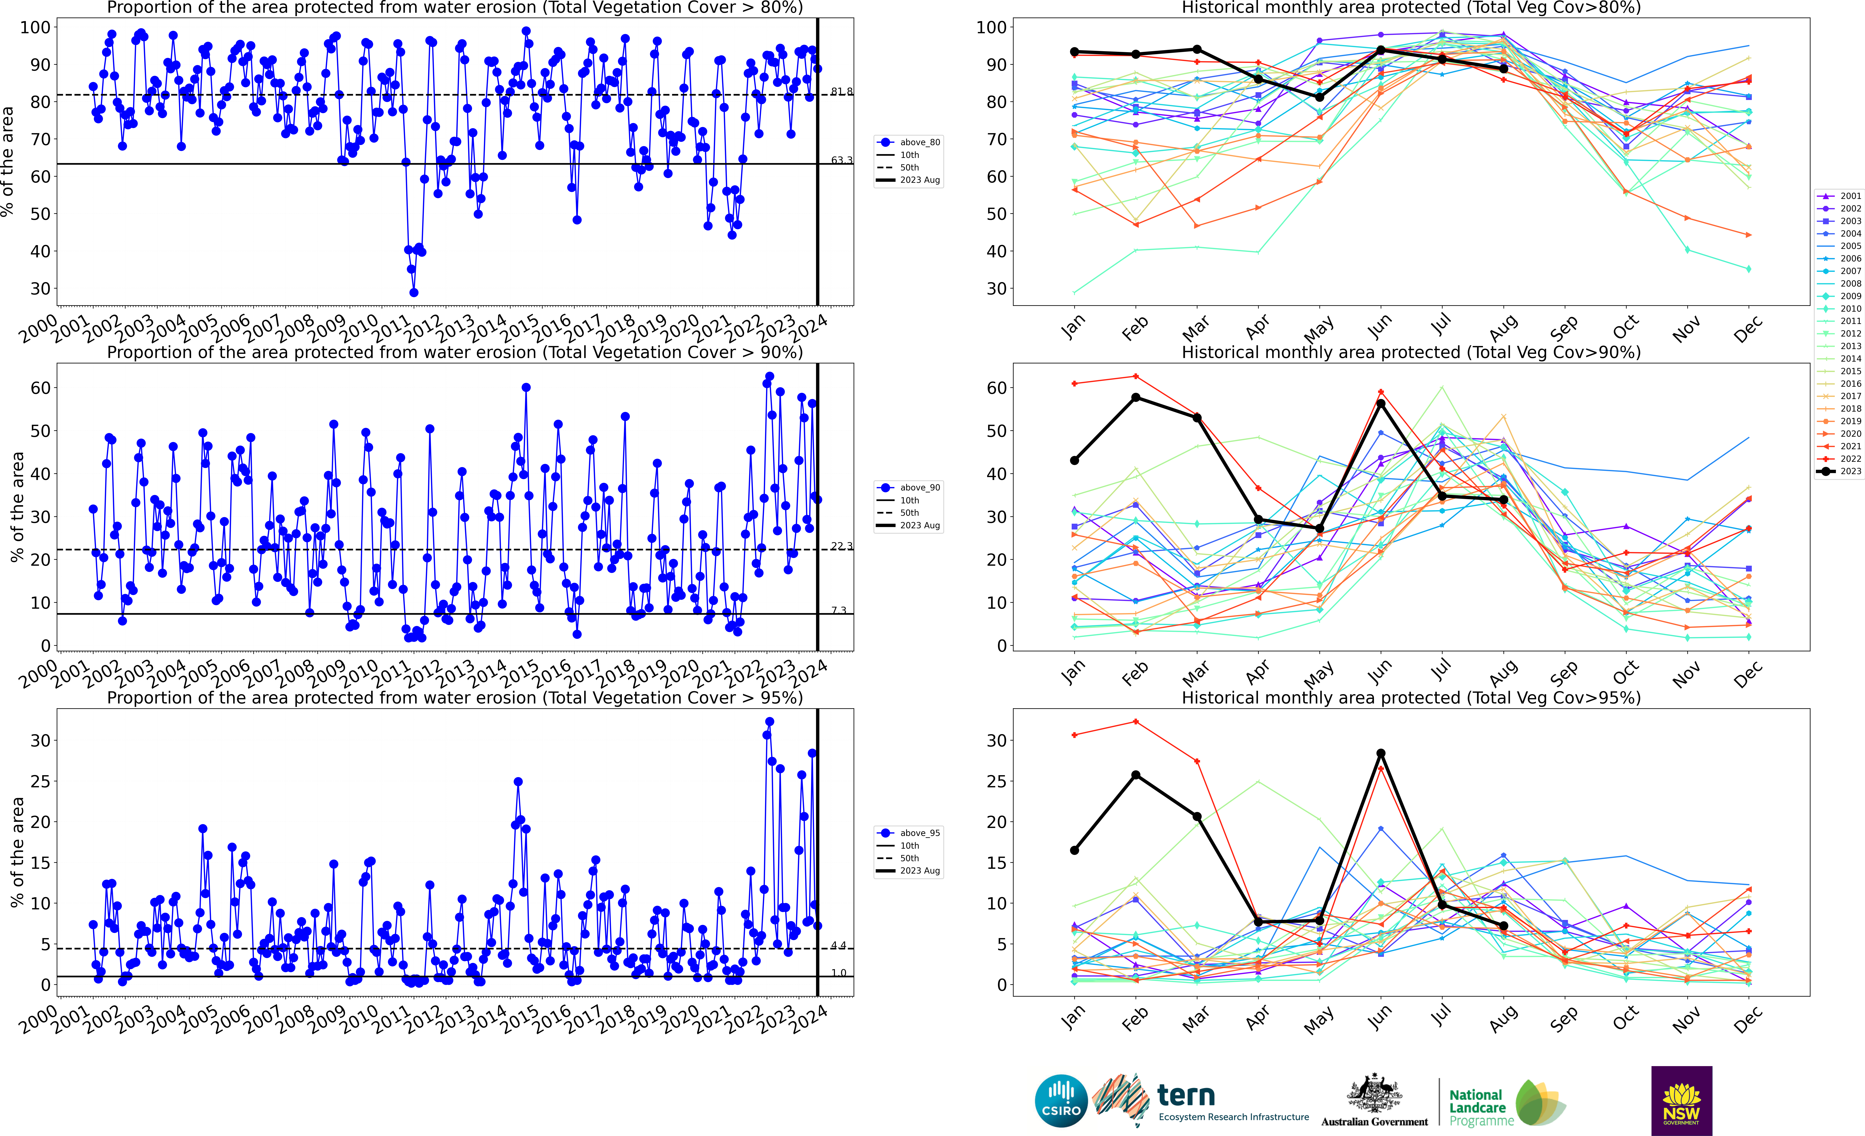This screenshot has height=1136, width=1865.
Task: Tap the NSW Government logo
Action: tap(1681, 1100)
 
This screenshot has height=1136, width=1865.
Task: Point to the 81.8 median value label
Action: tap(841, 92)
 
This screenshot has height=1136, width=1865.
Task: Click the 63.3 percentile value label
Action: tap(841, 160)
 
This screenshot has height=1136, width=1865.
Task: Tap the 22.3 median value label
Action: tap(841, 546)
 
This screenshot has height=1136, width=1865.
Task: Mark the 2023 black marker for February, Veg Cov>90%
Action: tap(1135, 398)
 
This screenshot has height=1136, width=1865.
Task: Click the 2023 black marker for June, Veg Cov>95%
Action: tap(1380, 753)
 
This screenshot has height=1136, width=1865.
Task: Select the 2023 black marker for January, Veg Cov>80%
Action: tap(1074, 52)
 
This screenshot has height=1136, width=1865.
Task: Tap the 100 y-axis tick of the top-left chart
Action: tap(35, 27)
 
